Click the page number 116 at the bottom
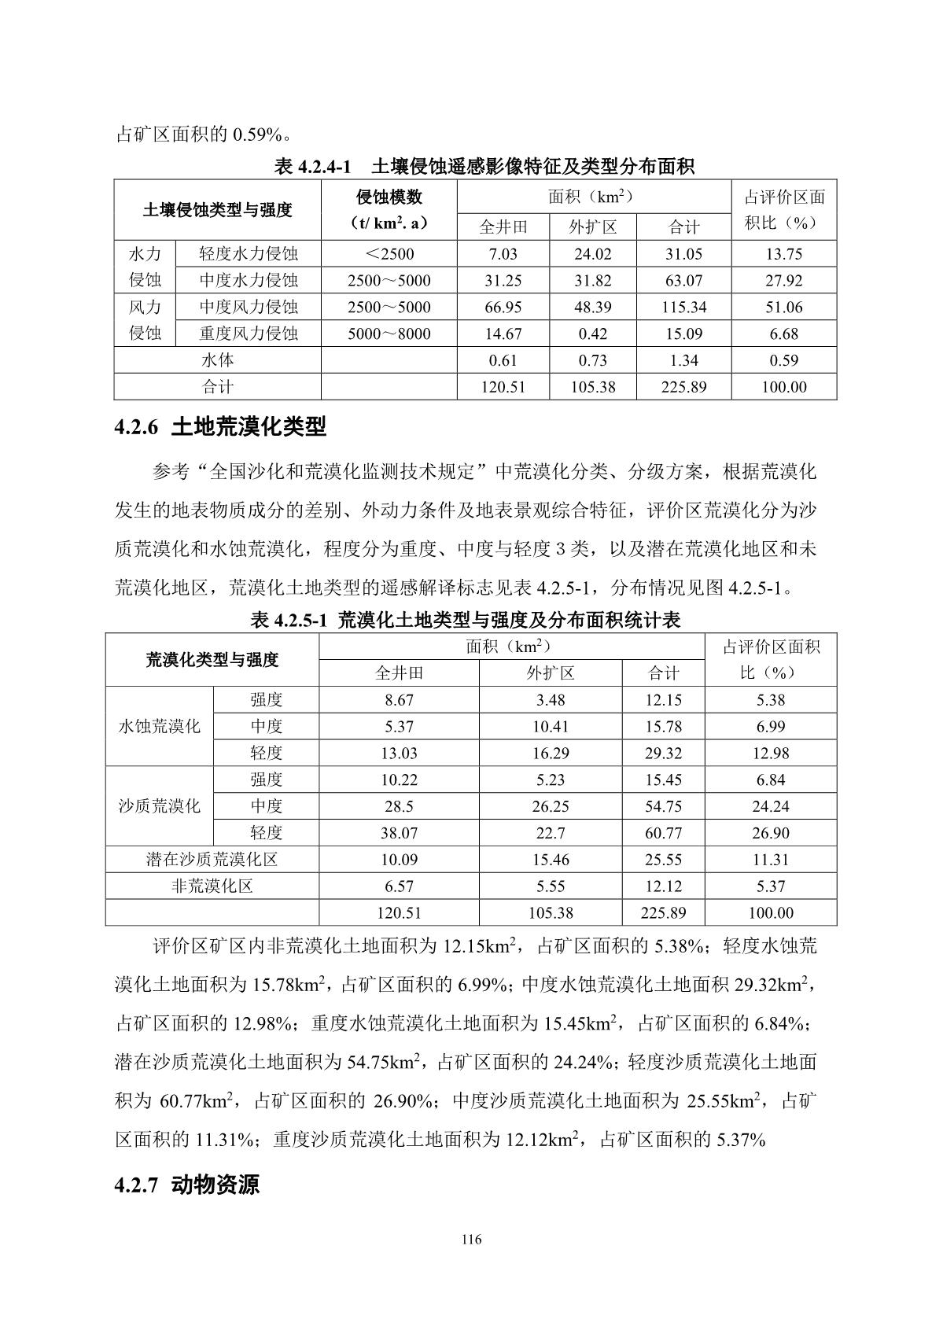(471, 1240)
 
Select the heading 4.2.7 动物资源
(186, 1185)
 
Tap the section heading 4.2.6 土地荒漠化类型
(219, 427)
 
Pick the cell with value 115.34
(683, 307)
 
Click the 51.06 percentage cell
(783, 307)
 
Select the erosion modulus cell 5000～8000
(389, 333)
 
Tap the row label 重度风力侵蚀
(249, 333)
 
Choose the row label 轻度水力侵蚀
(249, 254)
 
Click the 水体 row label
(218, 360)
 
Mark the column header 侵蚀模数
(389, 197)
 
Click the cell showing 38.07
(399, 833)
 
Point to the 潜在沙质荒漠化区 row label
(212, 860)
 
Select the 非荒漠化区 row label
(212, 886)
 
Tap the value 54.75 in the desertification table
(663, 806)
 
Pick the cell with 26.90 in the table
(770, 833)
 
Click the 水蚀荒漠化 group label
(160, 726)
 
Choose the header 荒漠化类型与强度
(212, 659)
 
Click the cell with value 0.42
(592, 333)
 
